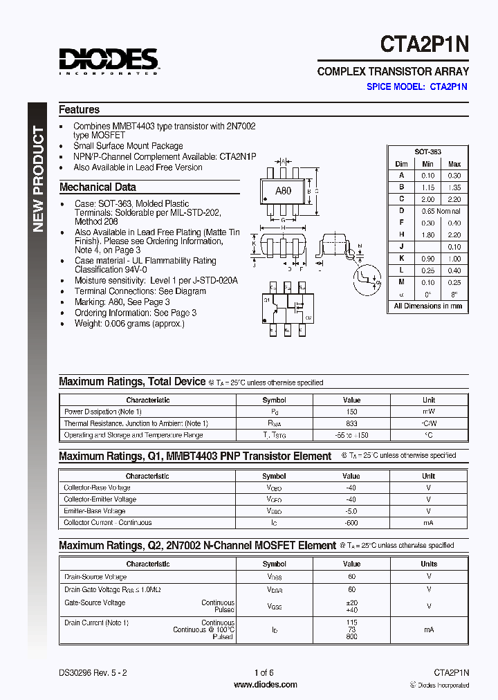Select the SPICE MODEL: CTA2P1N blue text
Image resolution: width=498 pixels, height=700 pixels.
tap(416, 87)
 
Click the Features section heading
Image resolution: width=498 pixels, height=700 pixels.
tap(79, 109)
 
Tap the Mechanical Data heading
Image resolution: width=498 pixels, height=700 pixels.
tap(98, 187)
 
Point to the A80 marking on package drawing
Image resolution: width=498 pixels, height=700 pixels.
tap(283, 192)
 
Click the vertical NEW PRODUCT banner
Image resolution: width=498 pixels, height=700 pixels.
tap(37, 180)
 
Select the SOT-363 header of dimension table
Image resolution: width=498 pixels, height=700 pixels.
tap(427, 151)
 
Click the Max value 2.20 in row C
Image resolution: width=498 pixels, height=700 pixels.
tap(454, 199)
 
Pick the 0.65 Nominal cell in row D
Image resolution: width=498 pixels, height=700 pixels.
tap(441, 211)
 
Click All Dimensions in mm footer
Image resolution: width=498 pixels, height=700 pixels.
tap(427, 306)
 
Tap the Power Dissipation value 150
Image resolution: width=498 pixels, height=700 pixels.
tap(351, 412)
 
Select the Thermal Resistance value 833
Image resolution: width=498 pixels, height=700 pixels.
tap(351, 423)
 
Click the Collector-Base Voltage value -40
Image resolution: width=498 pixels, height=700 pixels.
tap(351, 488)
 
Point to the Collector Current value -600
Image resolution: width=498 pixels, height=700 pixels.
tap(351, 523)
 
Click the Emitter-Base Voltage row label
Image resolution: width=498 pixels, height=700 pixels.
tap(95, 511)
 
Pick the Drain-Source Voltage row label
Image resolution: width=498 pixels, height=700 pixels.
tap(95, 577)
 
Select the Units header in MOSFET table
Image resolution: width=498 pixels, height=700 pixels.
tap(429, 564)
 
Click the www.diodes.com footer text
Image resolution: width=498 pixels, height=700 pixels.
tap(265, 685)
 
